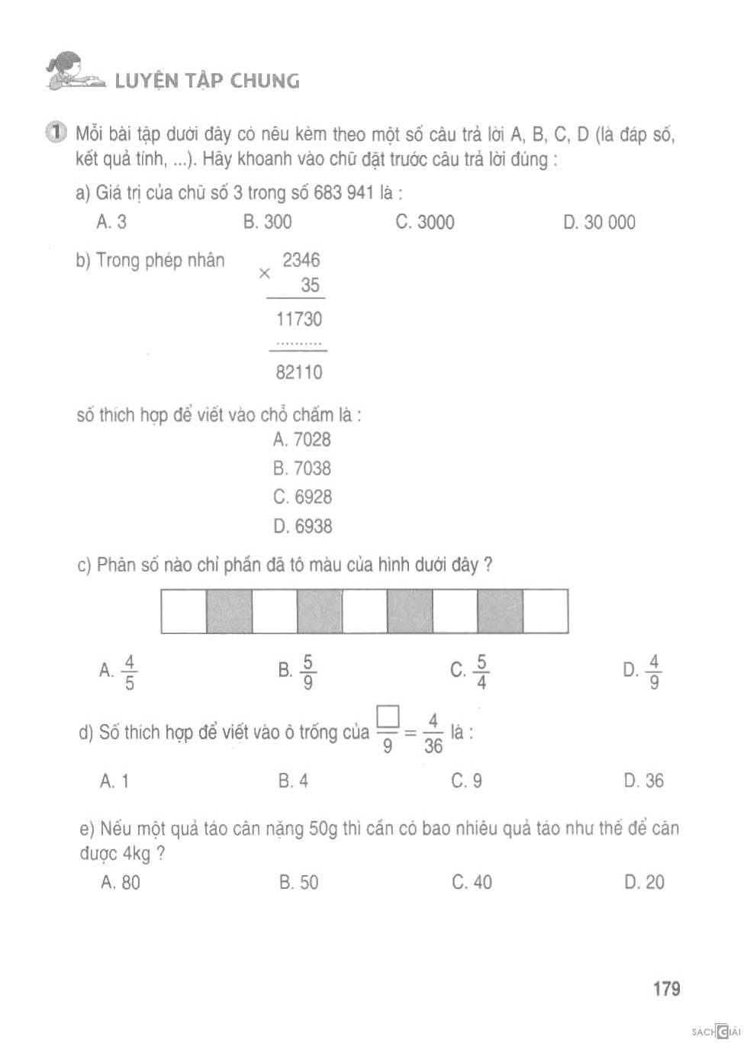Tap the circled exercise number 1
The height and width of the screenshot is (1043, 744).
[55, 132]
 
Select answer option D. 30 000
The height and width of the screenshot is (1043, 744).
[598, 222]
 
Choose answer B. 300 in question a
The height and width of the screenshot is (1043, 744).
[267, 222]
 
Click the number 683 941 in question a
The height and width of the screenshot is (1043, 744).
[343, 192]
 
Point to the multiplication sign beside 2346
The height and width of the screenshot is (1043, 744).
[264, 273]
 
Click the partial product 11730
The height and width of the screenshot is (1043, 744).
[298, 319]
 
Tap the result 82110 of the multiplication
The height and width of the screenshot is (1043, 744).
[298, 372]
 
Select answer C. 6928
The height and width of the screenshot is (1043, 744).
[302, 497]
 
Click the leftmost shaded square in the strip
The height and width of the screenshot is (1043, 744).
[229, 611]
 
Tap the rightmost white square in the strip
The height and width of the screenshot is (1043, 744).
[546, 611]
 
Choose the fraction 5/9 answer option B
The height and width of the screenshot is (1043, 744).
[298, 671]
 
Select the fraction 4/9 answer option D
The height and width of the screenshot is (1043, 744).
[643, 671]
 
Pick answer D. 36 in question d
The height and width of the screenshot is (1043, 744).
[643, 781]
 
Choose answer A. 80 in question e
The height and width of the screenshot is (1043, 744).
[121, 882]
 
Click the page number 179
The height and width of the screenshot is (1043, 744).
[666, 989]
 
